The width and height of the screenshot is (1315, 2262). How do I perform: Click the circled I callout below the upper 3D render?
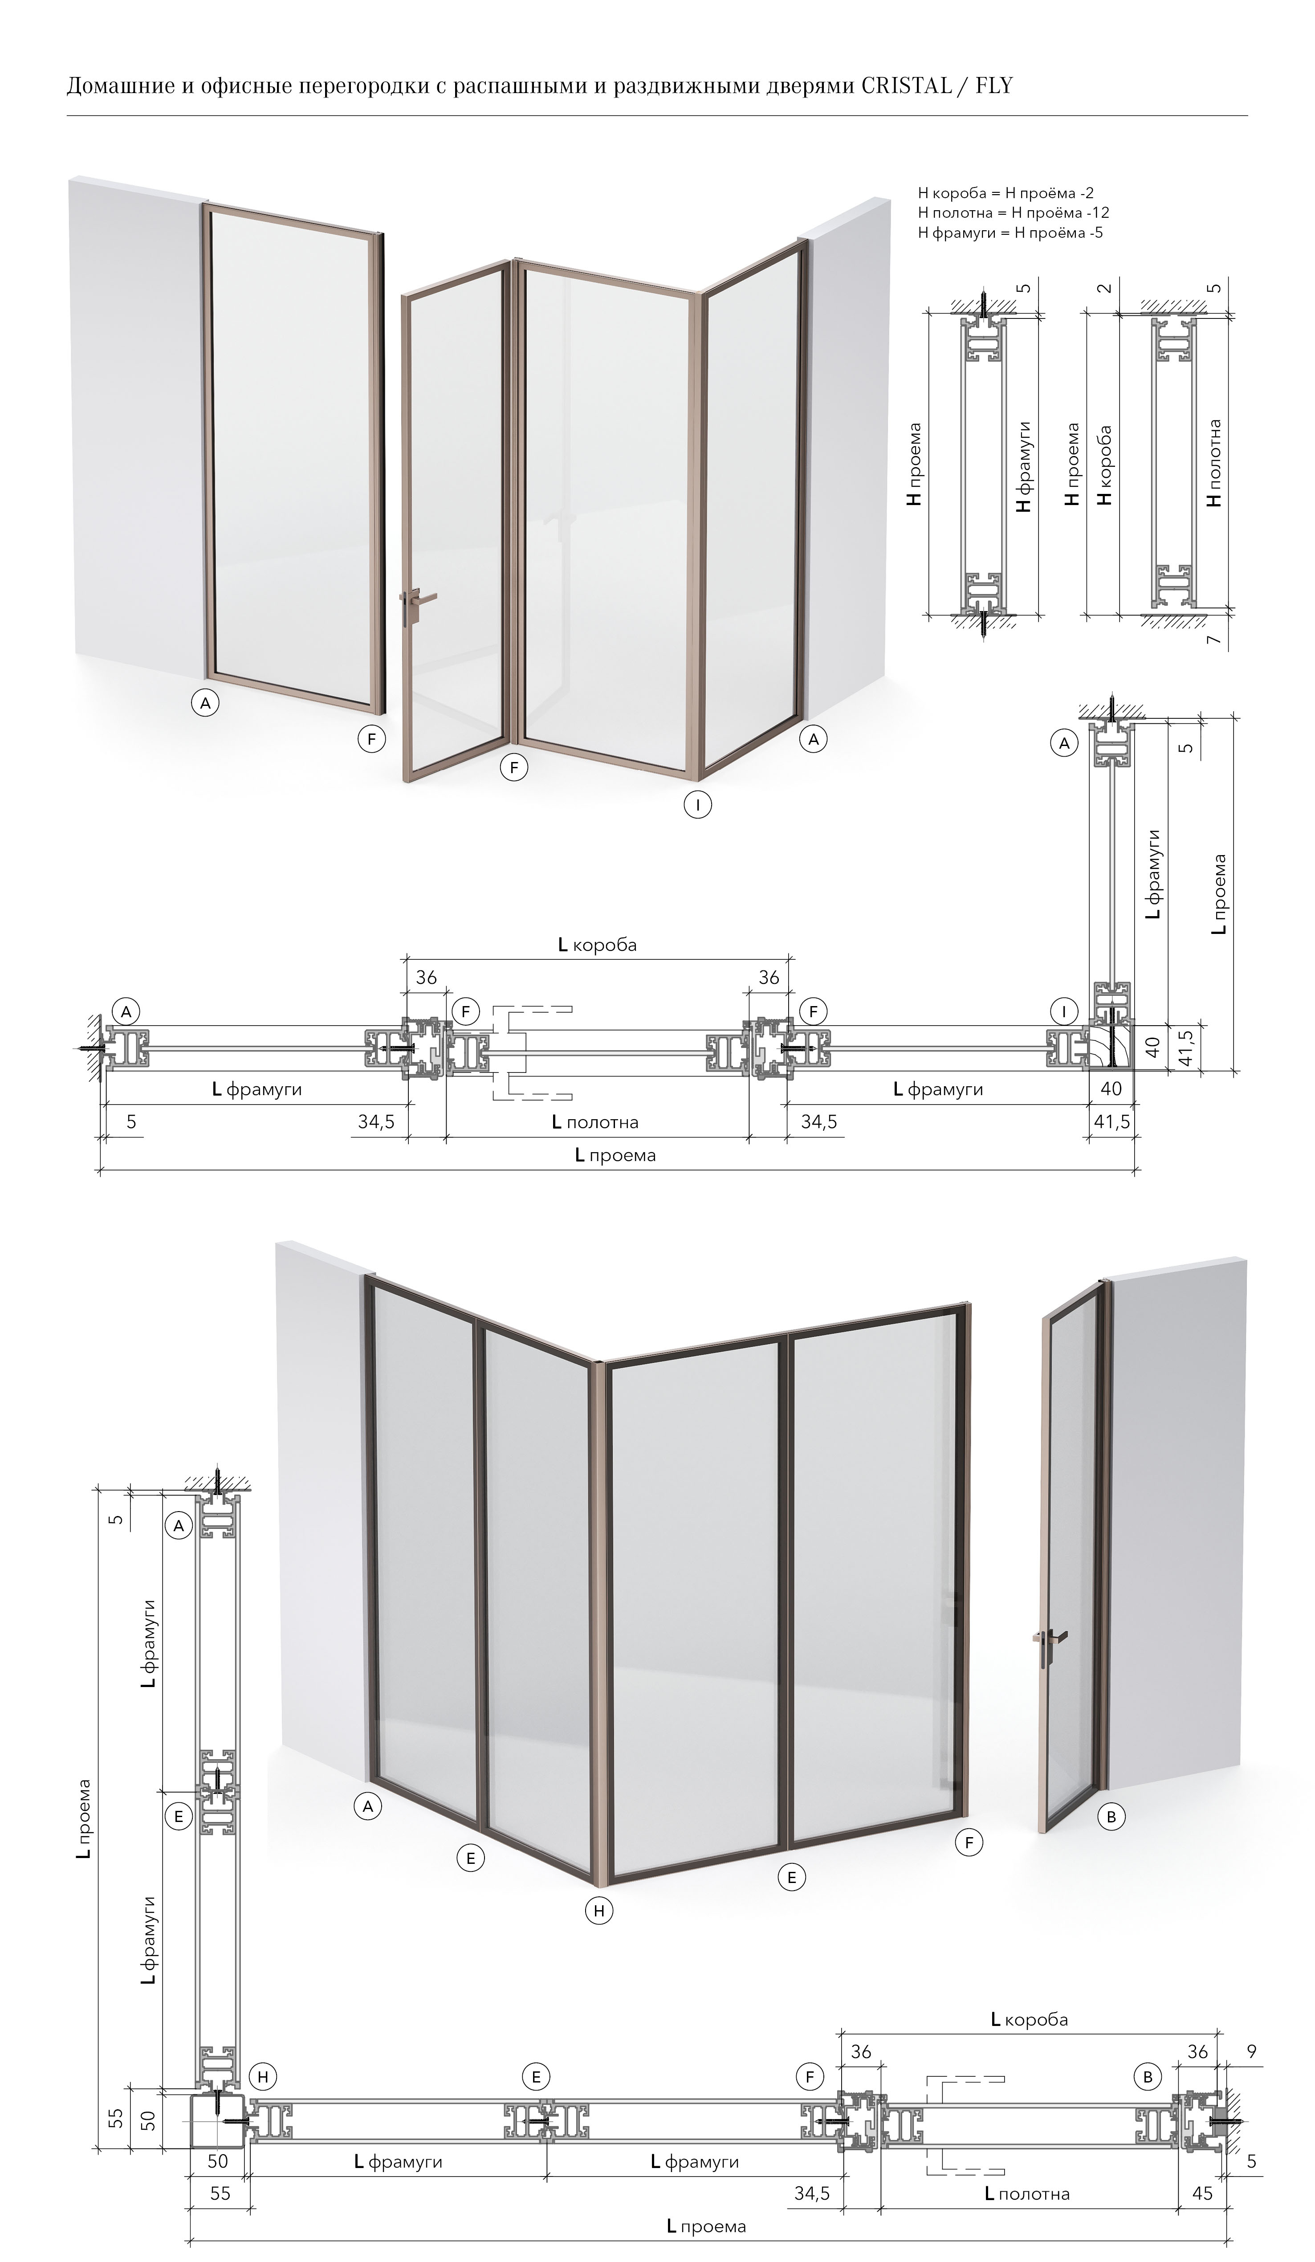point(697,804)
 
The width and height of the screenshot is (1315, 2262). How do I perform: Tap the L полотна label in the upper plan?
point(595,1122)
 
